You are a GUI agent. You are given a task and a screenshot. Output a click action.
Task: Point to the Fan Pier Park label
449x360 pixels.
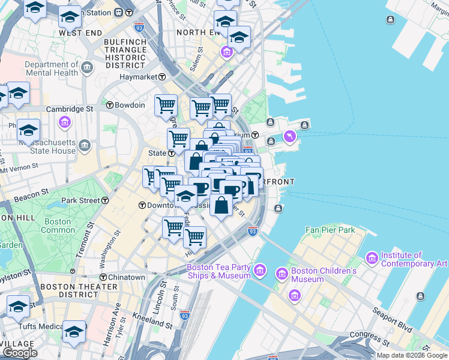pyautogui.click(x=330, y=230)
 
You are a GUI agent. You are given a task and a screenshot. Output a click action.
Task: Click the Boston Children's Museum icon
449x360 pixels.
pyautogui.click(x=282, y=274)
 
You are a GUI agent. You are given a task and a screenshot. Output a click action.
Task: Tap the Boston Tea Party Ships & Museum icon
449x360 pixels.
pyautogui.click(x=260, y=271)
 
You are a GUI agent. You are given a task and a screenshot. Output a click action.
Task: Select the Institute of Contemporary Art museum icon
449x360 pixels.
pyautogui.click(x=371, y=259)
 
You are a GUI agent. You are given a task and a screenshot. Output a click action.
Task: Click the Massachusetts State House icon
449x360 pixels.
pyautogui.click(x=85, y=145)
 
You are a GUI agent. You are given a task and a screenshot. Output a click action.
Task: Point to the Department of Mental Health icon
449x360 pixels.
pyautogui.click(x=88, y=65)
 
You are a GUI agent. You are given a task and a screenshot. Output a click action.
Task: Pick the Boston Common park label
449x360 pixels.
pyautogui.click(x=58, y=226)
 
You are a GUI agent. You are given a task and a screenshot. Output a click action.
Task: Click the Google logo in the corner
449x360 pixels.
pyautogui.click(x=20, y=353)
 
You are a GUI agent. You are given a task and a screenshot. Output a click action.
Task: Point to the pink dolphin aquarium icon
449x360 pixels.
pyautogui.click(x=291, y=137)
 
